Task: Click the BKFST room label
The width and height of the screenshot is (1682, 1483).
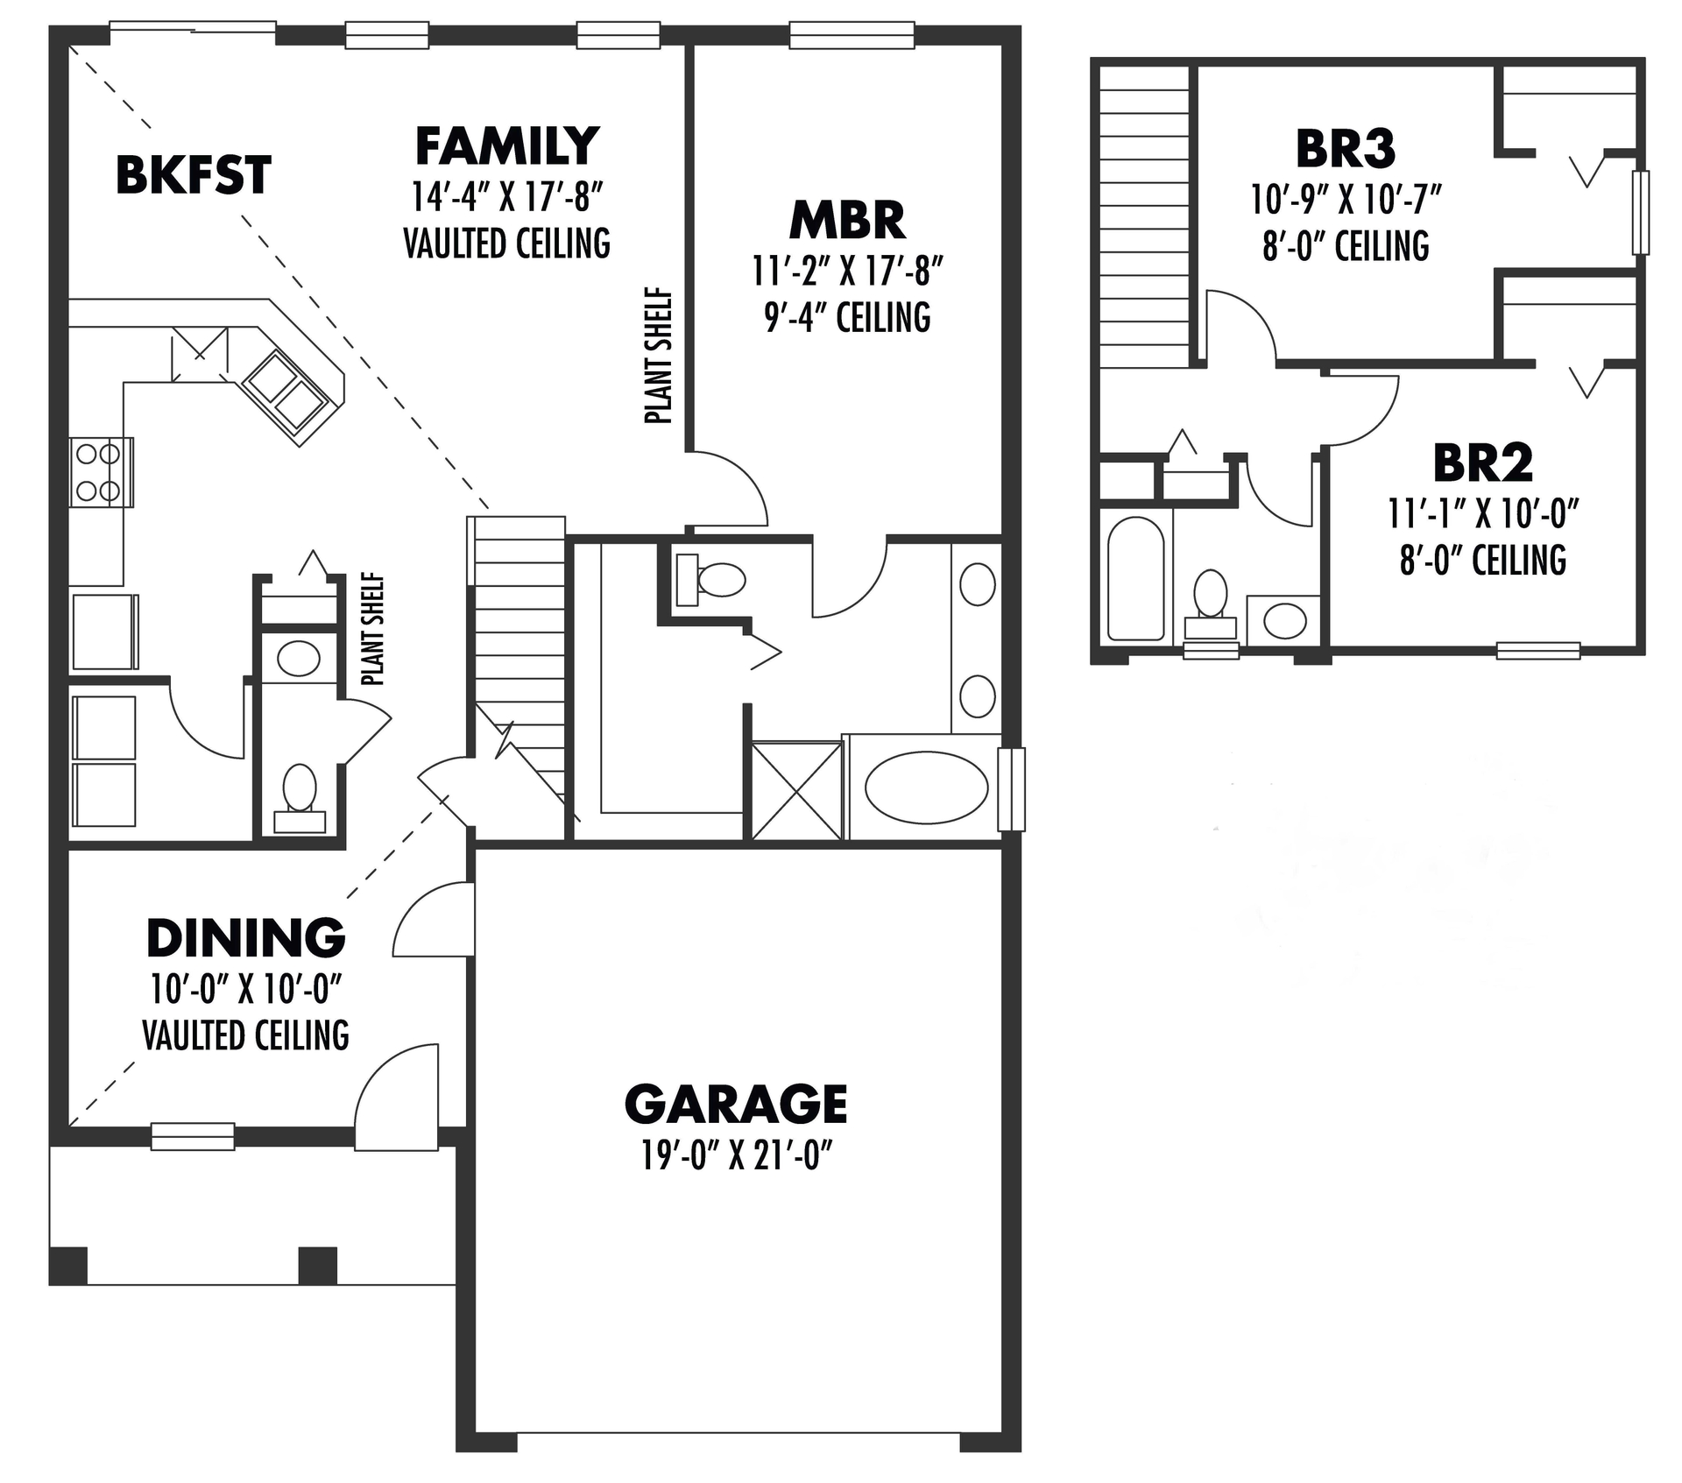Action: pyautogui.click(x=193, y=175)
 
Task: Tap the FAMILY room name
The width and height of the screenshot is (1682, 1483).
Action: pyautogui.click(x=506, y=146)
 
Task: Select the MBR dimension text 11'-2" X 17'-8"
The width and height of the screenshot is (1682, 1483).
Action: pyautogui.click(x=847, y=272)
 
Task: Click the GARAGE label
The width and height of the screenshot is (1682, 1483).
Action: pyautogui.click(x=735, y=1104)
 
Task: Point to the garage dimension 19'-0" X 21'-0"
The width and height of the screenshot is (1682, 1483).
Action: pyautogui.click(x=735, y=1156)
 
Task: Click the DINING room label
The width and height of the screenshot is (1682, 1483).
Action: pyautogui.click(x=245, y=938)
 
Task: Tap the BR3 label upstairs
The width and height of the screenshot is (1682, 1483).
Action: pyautogui.click(x=1345, y=149)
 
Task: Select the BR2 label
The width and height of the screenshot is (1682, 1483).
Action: pyautogui.click(x=1482, y=463)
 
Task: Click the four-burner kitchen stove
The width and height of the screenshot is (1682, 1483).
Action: pyautogui.click(x=100, y=472)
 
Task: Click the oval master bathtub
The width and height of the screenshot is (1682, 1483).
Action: pyautogui.click(x=925, y=787)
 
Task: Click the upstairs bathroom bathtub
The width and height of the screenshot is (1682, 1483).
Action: pyautogui.click(x=1135, y=578)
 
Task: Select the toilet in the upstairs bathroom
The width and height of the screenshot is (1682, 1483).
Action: pyautogui.click(x=1211, y=602)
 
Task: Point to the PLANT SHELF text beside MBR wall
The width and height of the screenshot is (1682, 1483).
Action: pyautogui.click(x=658, y=356)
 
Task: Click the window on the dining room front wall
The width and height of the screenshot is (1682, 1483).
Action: pyautogui.click(x=193, y=1136)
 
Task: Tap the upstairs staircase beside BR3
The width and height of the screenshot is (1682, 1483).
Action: pyautogui.click(x=1143, y=215)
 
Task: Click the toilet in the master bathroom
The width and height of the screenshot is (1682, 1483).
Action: pyautogui.click(x=711, y=580)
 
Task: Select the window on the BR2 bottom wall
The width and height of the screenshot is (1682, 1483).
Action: pyautogui.click(x=1537, y=650)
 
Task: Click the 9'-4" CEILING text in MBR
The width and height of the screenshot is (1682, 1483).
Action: pyautogui.click(x=847, y=317)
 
